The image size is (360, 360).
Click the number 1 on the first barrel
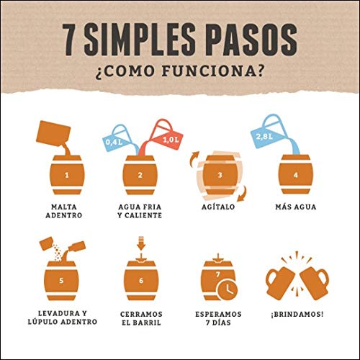[67, 175]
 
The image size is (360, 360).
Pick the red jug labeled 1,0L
[163, 135]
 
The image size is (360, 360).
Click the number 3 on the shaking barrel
[220, 175]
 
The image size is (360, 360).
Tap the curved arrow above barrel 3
[194, 158]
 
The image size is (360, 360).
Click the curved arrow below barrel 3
[242, 193]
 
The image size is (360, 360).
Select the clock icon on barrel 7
[228, 289]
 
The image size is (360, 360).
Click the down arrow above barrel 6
[141, 243]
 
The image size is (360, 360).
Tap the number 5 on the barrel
[61, 281]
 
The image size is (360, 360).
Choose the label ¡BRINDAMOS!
[297, 314]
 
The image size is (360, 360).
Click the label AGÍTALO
[218, 207]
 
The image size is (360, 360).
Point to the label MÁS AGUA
[296, 207]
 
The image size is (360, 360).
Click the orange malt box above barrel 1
[53, 134]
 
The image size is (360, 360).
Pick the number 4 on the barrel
[296, 175]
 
